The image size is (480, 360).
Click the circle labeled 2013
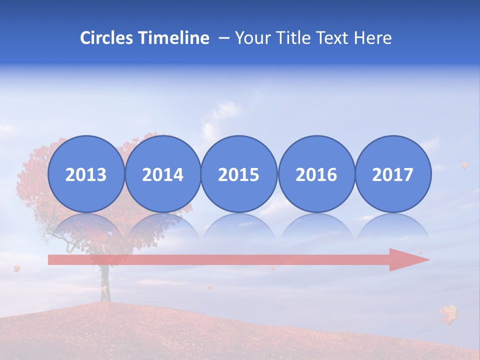tap(86, 174)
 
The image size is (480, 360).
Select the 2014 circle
tap(163, 174)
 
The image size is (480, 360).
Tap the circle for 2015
tap(239, 174)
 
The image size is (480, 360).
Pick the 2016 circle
tap(316, 174)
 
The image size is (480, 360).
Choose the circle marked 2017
tap(393, 174)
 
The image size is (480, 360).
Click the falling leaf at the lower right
tap(449, 314)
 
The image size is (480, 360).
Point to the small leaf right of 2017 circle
tap(464, 165)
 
